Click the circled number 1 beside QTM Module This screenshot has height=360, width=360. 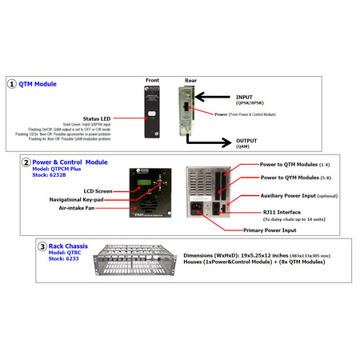[x=11, y=83]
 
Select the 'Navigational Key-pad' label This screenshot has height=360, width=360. [x=80, y=200]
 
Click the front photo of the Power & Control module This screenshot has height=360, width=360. [x=150, y=193]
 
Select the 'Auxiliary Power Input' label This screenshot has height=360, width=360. [x=300, y=195]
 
